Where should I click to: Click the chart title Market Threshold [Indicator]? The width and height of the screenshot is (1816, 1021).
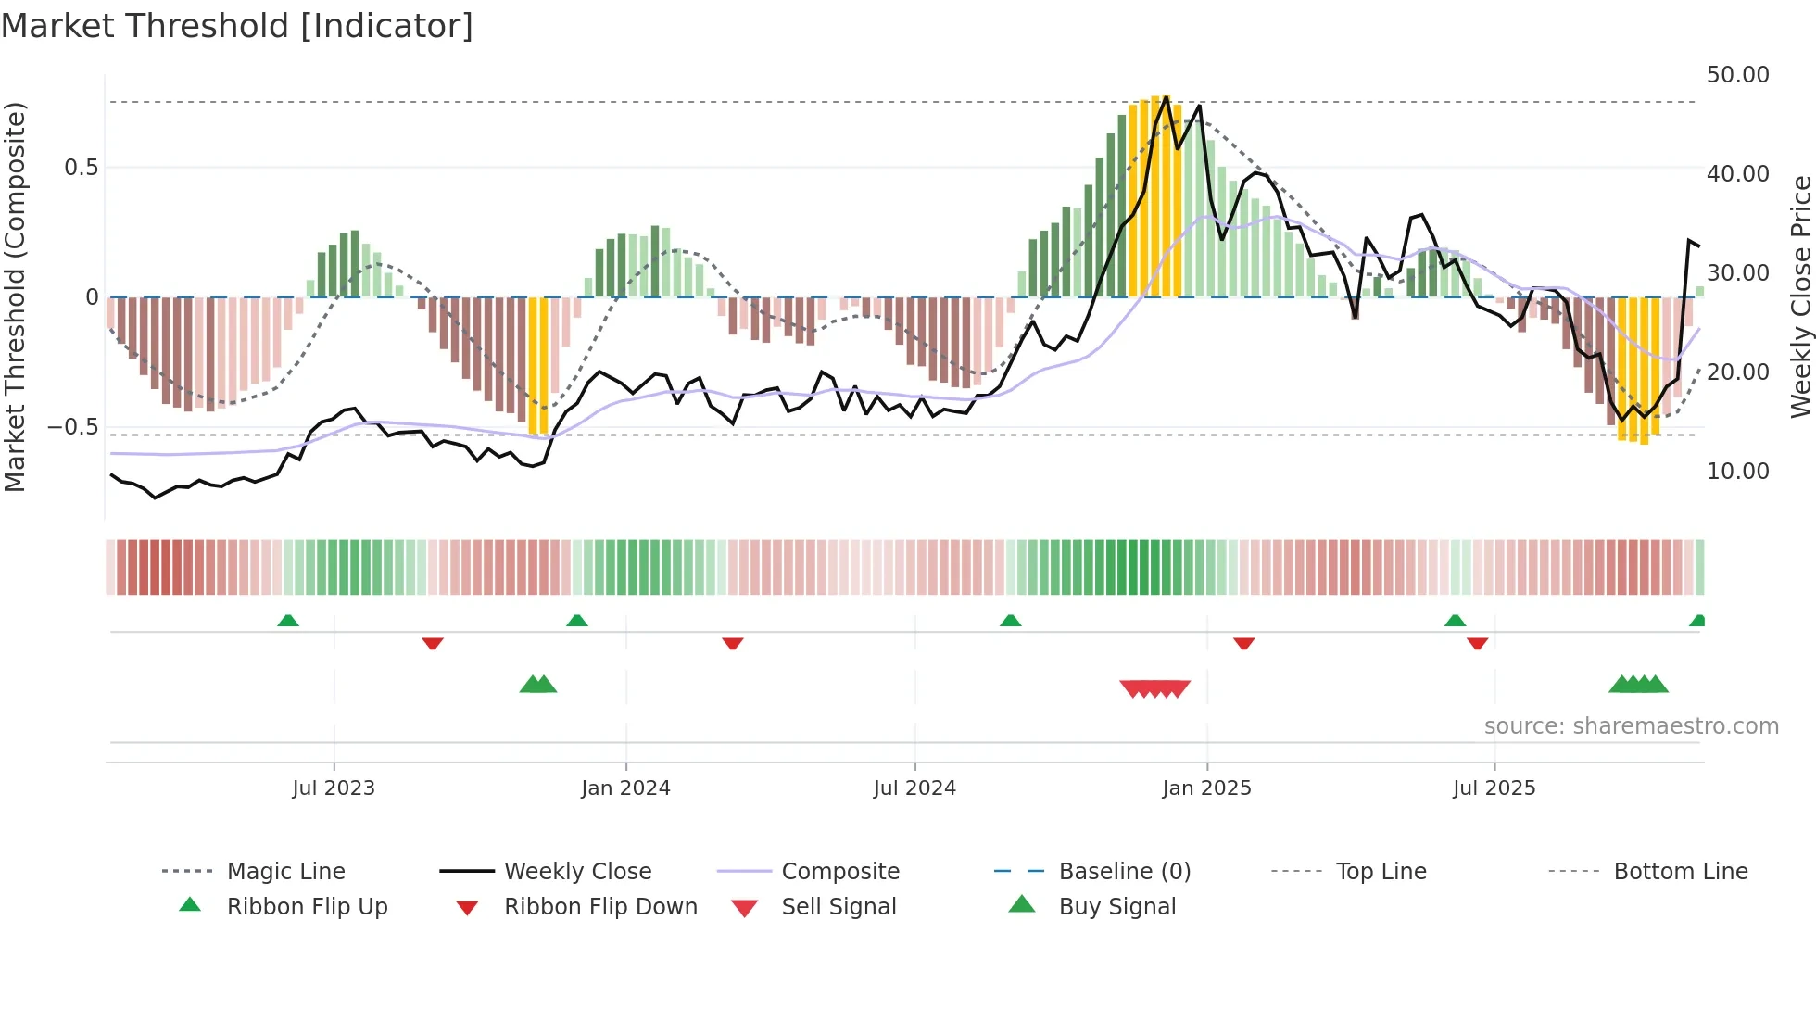coord(237,26)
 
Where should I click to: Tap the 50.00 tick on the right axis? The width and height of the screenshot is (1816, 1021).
coord(1737,75)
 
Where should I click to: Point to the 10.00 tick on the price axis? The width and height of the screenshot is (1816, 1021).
coord(1737,472)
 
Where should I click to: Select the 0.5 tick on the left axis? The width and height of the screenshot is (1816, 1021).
coord(81,168)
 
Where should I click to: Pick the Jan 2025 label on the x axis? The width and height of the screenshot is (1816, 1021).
coord(1206,788)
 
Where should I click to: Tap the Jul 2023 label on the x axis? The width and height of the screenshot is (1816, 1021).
coord(334,788)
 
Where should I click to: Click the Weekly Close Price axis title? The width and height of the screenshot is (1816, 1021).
coord(1800,296)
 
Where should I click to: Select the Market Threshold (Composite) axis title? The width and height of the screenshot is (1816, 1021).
coord(15,296)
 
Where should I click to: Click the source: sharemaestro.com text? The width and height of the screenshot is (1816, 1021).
coord(1631,726)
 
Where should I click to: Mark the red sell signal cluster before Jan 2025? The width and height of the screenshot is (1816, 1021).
coord(1154,688)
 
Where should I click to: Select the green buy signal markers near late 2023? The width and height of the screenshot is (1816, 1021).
coord(538,685)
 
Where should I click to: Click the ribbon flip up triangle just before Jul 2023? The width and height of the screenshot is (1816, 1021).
coord(288,621)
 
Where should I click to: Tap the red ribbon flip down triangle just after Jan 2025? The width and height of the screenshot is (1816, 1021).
coord(1243,643)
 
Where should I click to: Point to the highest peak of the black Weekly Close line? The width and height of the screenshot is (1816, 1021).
coord(1167,96)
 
